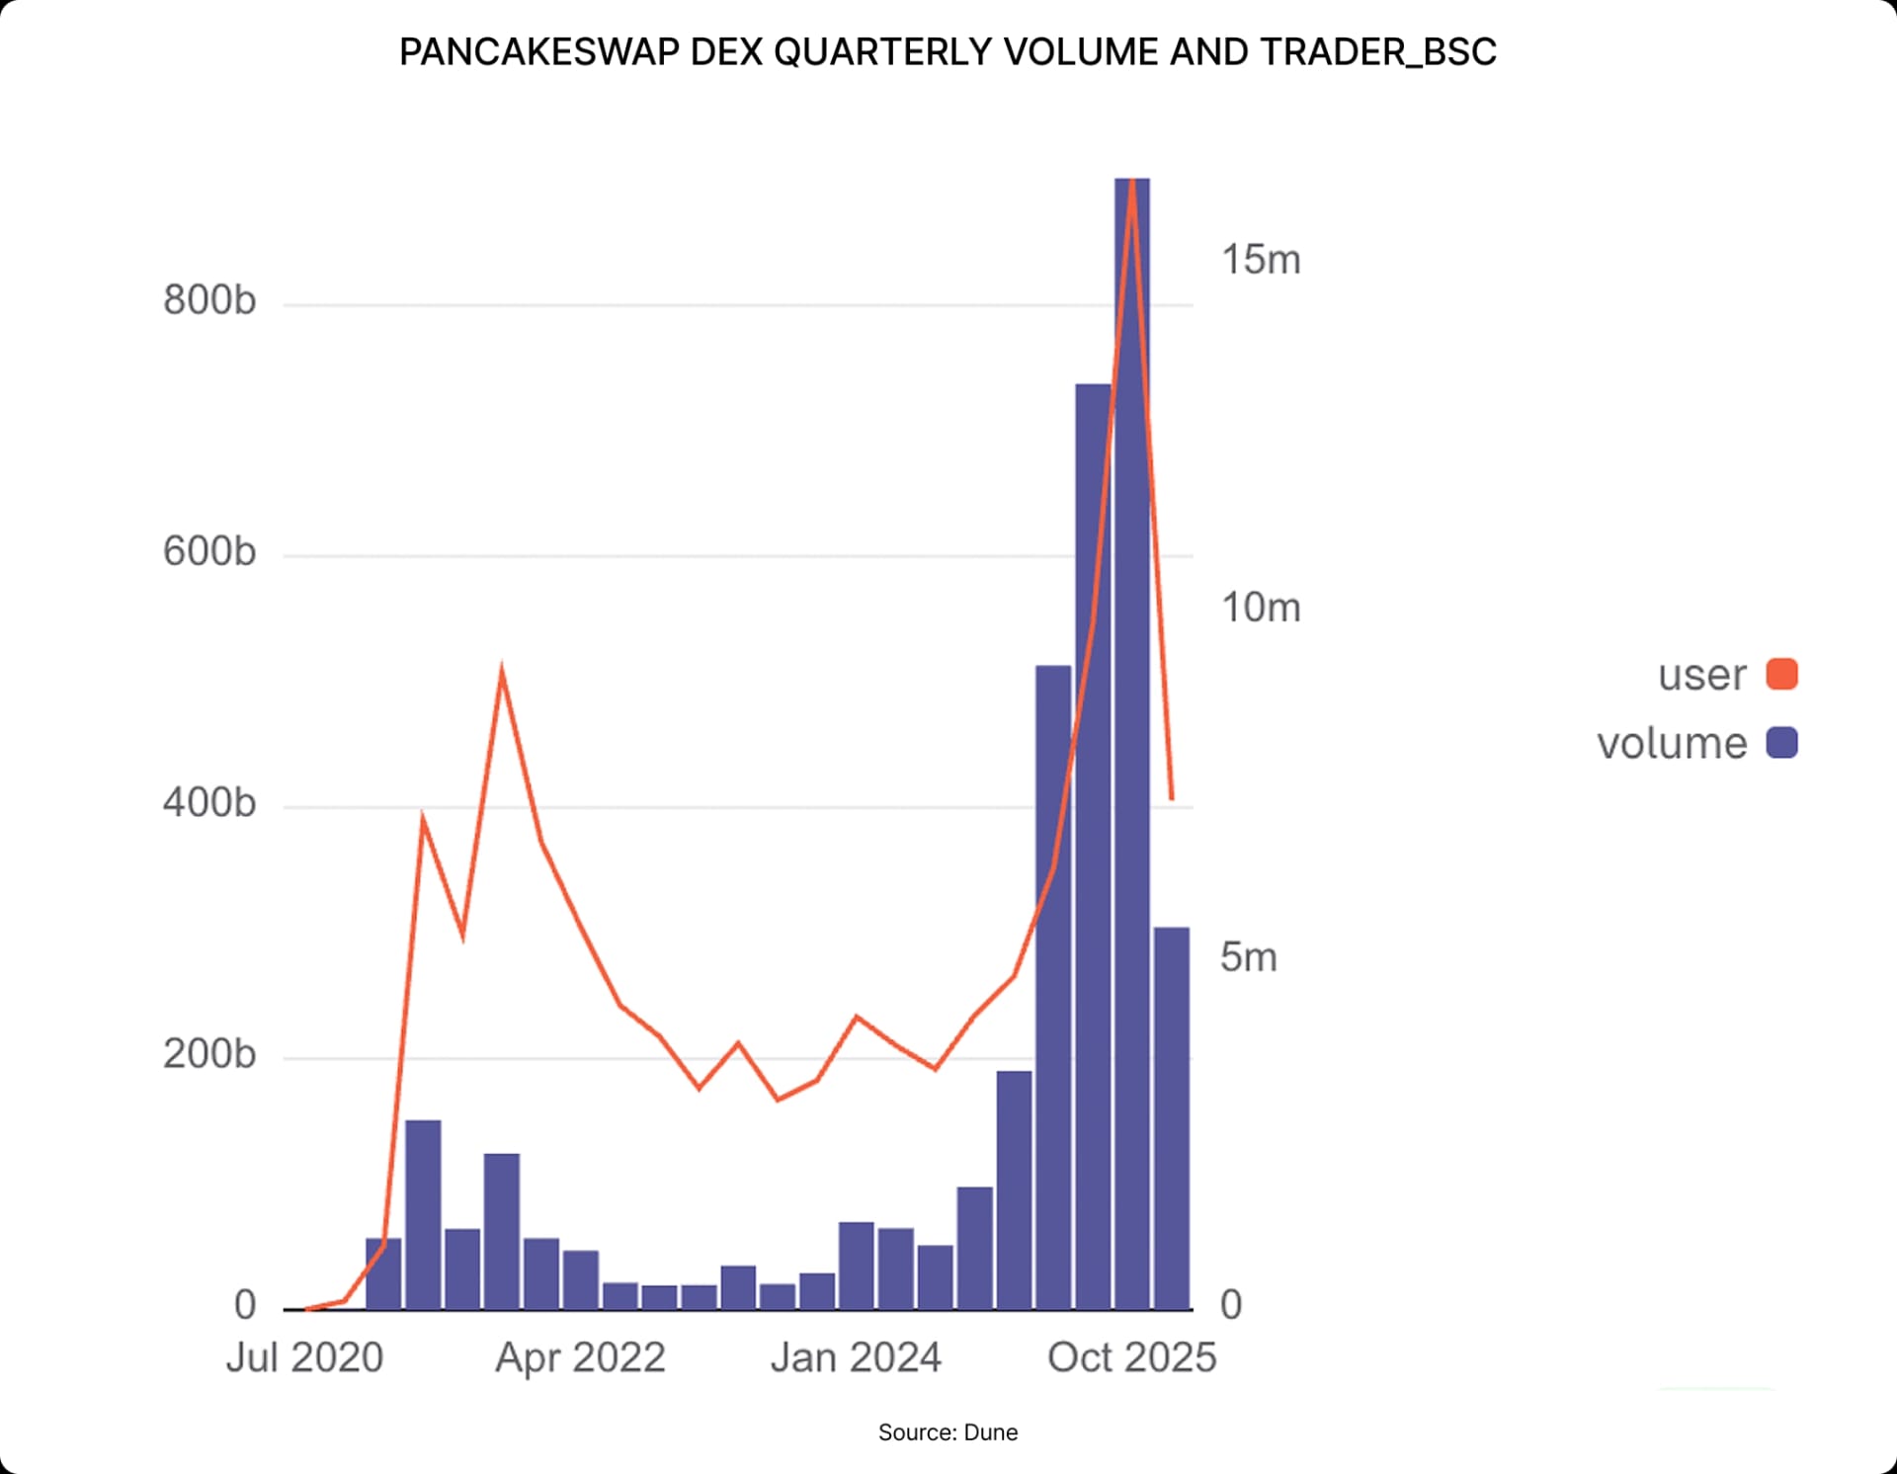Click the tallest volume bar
point(1131,741)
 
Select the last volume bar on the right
point(1172,1116)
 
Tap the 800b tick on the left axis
point(209,299)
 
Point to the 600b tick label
point(209,551)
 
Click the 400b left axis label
point(209,802)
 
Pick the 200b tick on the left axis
point(209,1054)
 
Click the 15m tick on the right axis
point(1261,260)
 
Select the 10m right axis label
point(1261,608)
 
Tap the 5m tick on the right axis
point(1249,956)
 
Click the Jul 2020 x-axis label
point(304,1357)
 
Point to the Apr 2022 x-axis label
point(580,1357)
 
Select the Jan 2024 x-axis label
point(856,1357)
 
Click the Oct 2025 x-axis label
point(1131,1357)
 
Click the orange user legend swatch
point(1781,675)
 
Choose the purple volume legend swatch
point(1781,743)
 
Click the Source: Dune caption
point(948,1433)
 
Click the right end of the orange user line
point(1172,798)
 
